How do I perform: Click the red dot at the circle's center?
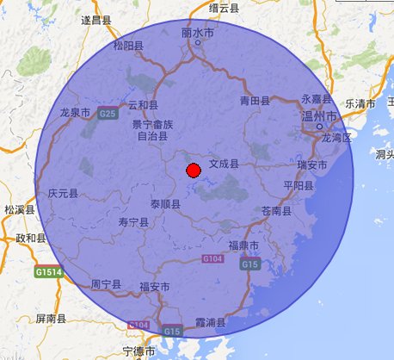[x=194, y=171]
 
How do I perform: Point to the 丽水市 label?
[x=198, y=34]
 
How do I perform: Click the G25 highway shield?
[x=108, y=113]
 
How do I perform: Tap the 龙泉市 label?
[x=75, y=113]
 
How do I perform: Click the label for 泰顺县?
[x=165, y=205]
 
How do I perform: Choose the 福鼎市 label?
[x=243, y=246]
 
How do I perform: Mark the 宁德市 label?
[x=139, y=351]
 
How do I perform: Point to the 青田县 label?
[x=255, y=101]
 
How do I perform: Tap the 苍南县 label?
[x=277, y=211]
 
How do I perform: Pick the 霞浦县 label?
[x=209, y=323]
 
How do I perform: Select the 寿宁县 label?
[x=133, y=222]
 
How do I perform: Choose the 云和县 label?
[x=143, y=105]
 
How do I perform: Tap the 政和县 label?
[x=31, y=238]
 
